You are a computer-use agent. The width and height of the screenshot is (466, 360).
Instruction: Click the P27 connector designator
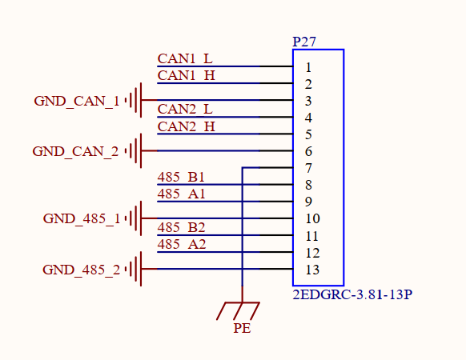point(304,42)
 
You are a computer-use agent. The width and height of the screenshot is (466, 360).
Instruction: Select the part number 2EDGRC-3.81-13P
point(352,294)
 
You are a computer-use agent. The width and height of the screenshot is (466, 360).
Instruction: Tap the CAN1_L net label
point(185,59)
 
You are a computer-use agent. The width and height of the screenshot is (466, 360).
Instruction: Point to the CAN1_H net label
point(186,75)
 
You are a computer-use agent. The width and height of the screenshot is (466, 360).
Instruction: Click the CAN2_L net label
point(185,110)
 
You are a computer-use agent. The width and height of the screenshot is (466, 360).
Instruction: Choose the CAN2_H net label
point(186,126)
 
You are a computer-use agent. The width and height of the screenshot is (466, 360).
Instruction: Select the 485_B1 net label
point(181,177)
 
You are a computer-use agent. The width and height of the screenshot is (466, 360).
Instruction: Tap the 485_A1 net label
point(181,194)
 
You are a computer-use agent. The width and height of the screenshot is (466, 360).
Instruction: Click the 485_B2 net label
point(181,227)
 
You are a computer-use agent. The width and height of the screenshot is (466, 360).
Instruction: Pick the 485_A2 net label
point(182,245)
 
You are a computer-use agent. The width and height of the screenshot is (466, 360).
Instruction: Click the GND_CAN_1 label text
point(77,101)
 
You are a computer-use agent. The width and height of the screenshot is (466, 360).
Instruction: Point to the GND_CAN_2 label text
point(75,151)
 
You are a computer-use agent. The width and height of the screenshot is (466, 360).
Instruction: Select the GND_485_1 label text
point(82,218)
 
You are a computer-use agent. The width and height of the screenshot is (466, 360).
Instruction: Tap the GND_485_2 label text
point(81,270)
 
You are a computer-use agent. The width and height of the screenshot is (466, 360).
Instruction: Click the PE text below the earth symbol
point(242,328)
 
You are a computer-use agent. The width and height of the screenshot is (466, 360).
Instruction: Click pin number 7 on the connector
point(308,169)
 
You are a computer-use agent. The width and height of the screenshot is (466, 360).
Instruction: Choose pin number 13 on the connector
point(312,270)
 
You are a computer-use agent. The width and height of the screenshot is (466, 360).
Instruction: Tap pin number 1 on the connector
point(308,68)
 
